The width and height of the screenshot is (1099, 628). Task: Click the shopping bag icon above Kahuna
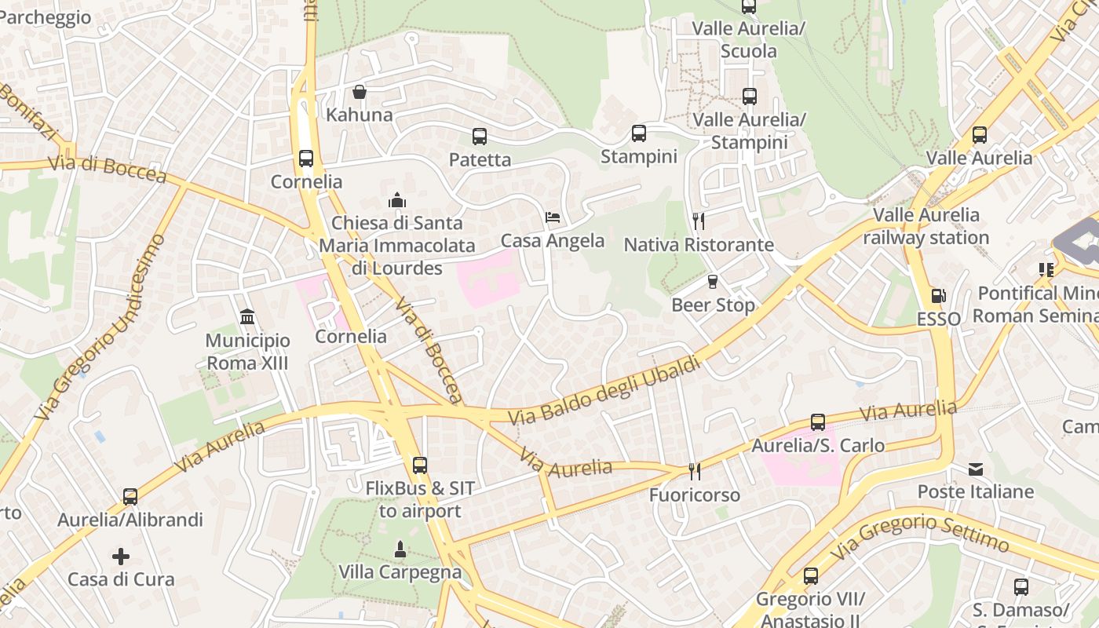pos(360,93)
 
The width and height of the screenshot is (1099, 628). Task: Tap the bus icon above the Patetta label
pos(480,137)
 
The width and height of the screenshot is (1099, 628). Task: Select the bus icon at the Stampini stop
pos(639,133)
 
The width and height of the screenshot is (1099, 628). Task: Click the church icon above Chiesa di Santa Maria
pos(397,200)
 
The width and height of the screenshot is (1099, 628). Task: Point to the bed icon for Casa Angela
pos(553,217)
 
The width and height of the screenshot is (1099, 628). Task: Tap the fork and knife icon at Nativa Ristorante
pos(699,221)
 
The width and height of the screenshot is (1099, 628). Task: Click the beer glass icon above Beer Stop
pos(713,281)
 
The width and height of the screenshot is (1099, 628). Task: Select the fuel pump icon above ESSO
pos(938,296)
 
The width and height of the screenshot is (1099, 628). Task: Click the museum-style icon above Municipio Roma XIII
pos(247,317)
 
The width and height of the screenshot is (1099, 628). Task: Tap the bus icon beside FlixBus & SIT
pos(420,466)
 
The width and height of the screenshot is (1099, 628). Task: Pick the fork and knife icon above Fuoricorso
pos(694,471)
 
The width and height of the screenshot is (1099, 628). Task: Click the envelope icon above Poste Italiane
pos(976,469)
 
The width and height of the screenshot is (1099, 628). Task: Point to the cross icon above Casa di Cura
pos(121,557)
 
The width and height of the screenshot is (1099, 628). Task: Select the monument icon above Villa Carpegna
pos(400,549)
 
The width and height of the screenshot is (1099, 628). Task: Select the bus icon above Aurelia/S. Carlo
pos(818,422)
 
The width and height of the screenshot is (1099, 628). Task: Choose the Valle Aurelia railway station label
pos(926,226)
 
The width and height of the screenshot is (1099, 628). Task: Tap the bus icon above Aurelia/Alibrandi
pos(130,497)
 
